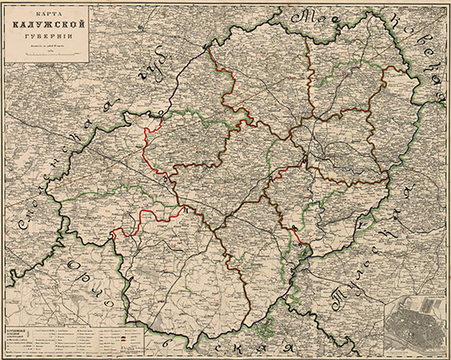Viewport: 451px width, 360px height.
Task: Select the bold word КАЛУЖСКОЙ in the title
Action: [48, 26]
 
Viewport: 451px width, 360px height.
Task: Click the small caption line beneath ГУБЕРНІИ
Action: [48, 47]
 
